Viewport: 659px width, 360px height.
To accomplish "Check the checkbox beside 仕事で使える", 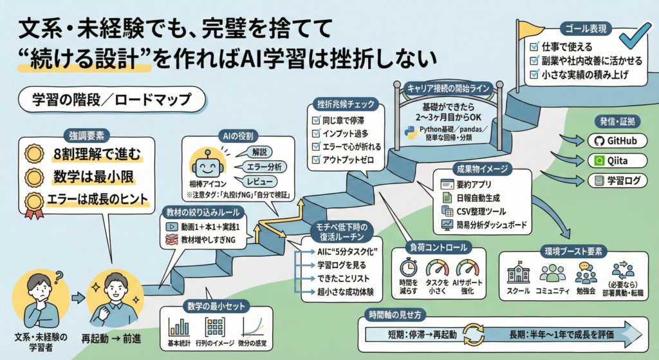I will [534, 47].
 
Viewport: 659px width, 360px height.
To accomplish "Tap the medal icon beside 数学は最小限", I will [33, 176].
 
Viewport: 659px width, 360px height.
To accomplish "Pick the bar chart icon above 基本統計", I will [178, 326].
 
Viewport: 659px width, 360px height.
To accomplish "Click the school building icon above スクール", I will [517, 274].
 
